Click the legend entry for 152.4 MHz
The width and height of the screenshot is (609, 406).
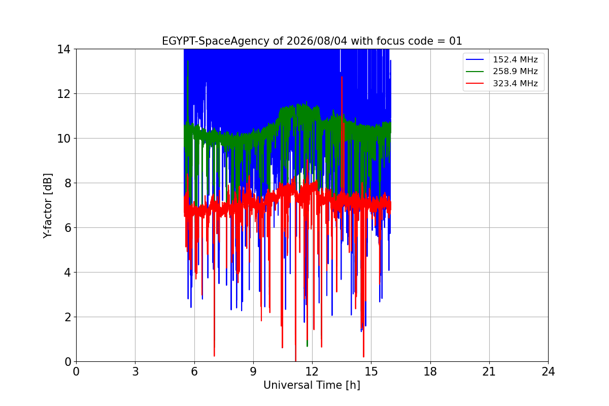(x=515, y=59)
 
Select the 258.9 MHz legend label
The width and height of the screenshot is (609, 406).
(x=515, y=71)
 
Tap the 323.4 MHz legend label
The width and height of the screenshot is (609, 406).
(x=515, y=83)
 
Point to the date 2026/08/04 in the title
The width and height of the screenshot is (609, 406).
(x=317, y=41)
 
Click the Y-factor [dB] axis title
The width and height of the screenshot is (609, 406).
(x=48, y=206)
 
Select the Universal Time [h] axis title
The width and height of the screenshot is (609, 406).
(x=312, y=385)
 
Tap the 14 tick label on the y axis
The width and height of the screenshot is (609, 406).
(x=63, y=50)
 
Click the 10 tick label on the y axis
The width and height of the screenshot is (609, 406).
(x=63, y=139)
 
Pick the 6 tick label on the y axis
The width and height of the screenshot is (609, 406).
(x=67, y=228)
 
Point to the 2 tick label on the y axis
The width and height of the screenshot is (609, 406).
(x=67, y=317)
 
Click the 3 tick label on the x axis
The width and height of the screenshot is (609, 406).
(x=136, y=371)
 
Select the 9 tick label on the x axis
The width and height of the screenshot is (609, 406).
(x=253, y=371)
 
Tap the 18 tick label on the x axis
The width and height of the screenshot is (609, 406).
(x=430, y=371)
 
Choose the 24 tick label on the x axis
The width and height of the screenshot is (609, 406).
(x=549, y=371)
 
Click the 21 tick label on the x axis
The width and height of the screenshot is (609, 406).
(x=489, y=371)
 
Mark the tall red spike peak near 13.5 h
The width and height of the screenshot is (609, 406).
(x=342, y=77)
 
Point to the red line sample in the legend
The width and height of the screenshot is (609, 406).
(x=475, y=83)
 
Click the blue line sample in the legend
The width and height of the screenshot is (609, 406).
(x=475, y=59)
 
